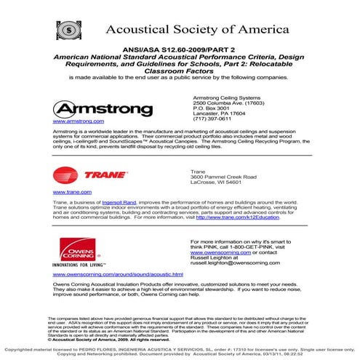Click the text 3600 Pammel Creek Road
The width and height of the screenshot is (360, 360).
coord(224,177)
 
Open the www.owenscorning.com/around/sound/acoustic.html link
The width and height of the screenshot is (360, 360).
coord(119,276)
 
